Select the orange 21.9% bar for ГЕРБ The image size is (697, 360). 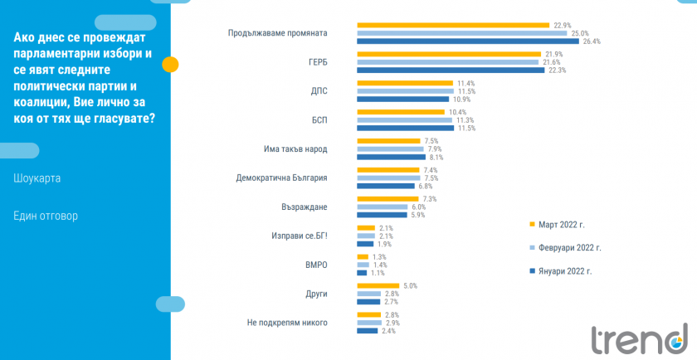point(449,54)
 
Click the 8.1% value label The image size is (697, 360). point(434,157)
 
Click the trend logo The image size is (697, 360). point(640,338)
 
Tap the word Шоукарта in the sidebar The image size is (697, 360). point(37,178)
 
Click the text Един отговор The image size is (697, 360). point(46,216)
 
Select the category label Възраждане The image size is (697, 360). point(306,207)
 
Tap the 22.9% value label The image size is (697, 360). point(562,25)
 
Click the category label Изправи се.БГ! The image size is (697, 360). point(300,236)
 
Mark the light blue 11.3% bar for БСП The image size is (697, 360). point(404,119)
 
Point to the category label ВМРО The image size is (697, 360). point(316,265)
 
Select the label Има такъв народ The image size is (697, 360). point(290,148)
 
